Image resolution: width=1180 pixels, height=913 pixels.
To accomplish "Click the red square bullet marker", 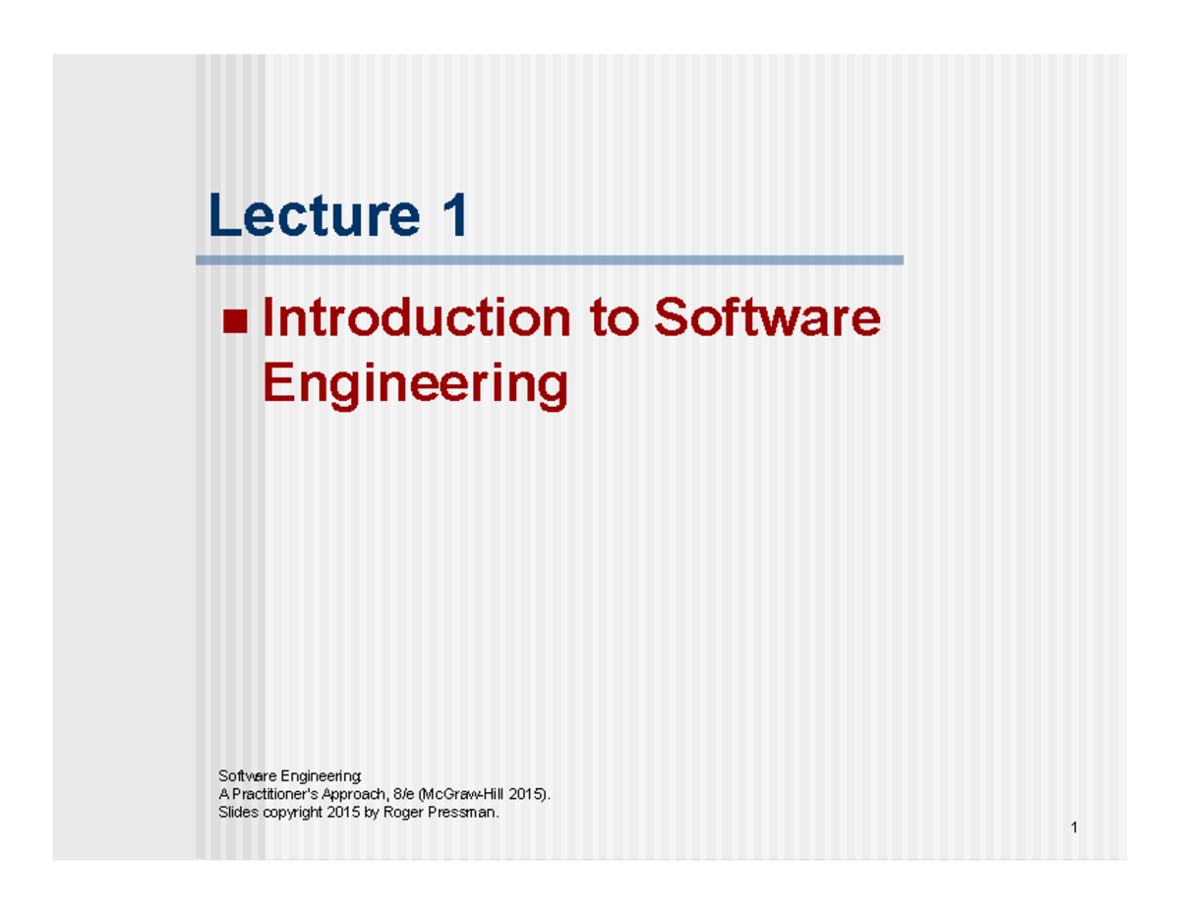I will [x=235, y=321].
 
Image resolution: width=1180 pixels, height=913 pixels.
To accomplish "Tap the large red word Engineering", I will [x=415, y=384].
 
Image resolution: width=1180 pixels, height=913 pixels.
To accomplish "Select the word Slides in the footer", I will [x=236, y=813].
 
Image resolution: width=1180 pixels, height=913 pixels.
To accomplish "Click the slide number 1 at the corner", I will [x=1075, y=827].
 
